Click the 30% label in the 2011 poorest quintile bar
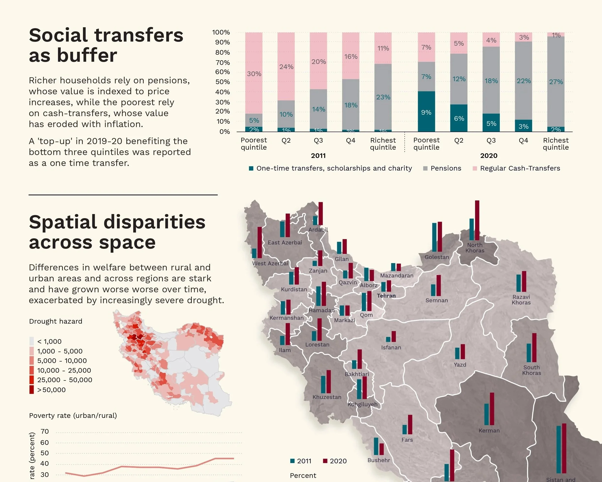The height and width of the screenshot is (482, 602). point(254,74)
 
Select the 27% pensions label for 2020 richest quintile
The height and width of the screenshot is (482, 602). point(556,82)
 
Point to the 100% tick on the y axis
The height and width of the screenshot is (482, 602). point(221,32)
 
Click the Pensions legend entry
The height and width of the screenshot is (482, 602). point(446,168)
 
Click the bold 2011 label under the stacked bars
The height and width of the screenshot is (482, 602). point(318,156)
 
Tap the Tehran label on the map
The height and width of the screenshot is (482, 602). point(386,296)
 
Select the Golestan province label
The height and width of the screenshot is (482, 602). point(437,257)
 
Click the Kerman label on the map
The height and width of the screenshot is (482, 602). point(489,430)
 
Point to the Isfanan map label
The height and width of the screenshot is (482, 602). point(391,348)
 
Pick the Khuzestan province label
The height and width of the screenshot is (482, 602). point(327,397)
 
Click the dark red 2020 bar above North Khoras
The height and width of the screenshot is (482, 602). point(477,220)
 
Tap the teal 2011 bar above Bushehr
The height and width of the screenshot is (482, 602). point(376,446)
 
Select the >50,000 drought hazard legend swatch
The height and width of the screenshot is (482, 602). point(32,389)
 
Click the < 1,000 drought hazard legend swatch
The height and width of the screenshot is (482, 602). point(32,341)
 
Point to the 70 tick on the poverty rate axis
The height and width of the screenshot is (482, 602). point(45,431)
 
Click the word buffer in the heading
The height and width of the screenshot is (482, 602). point(87,55)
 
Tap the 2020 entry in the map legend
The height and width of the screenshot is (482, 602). point(335,461)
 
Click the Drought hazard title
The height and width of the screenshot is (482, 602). point(56,321)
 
